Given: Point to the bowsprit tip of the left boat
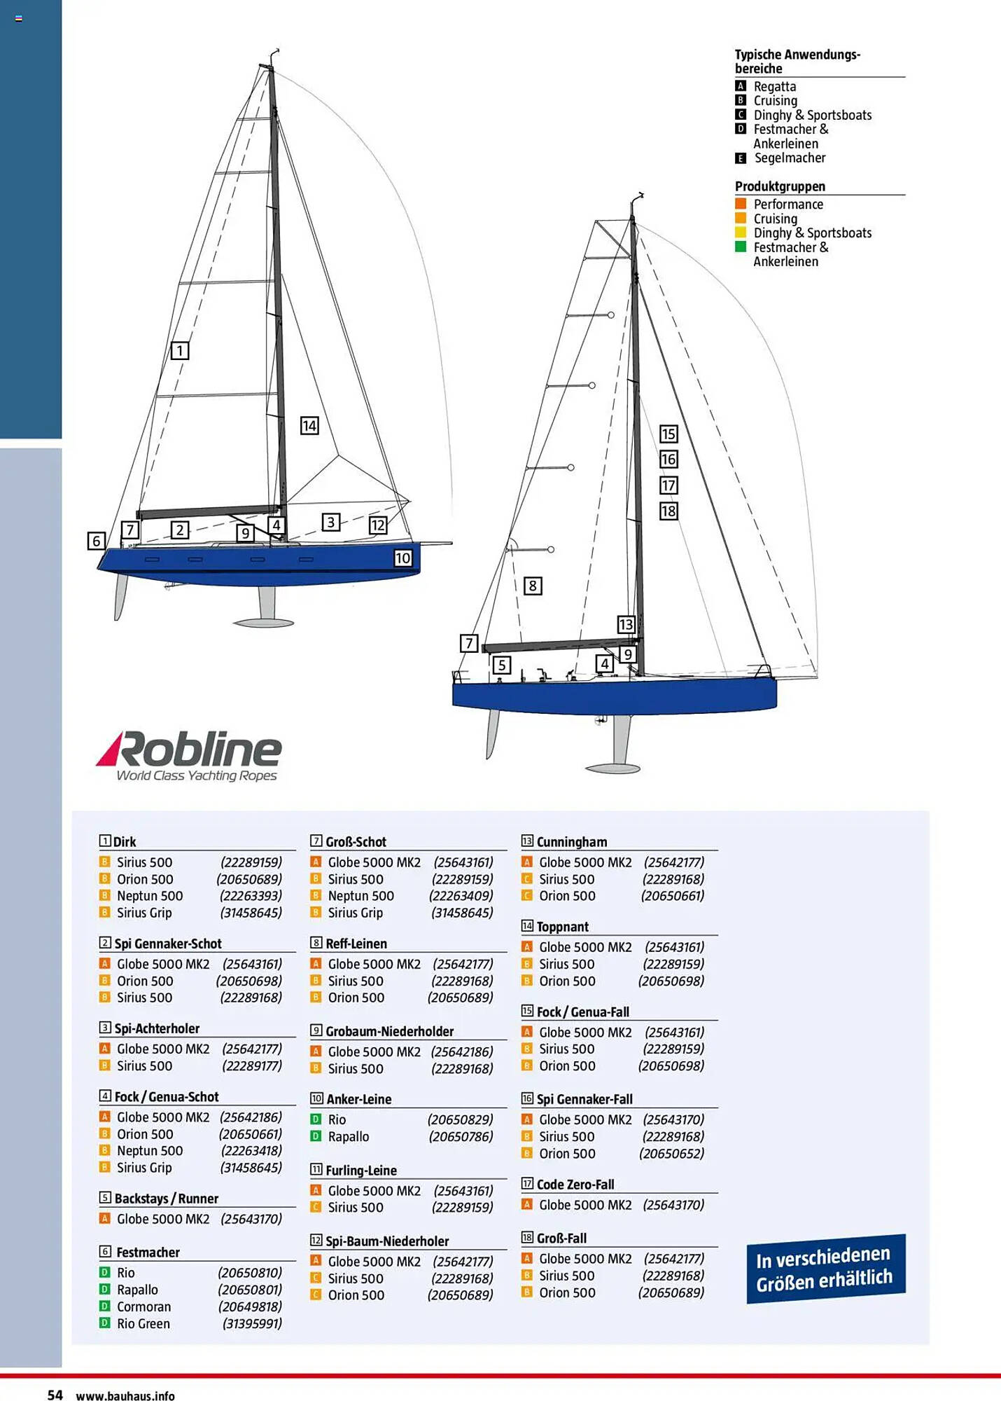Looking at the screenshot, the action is tap(451, 542).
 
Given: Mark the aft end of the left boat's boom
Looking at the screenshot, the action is tap(138, 515).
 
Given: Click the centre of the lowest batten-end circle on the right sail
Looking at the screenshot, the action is tap(551, 550).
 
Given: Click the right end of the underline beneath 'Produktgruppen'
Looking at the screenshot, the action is tap(905, 195).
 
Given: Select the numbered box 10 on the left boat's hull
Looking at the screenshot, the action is tap(402, 558).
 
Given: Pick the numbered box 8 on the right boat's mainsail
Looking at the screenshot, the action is tap(533, 586).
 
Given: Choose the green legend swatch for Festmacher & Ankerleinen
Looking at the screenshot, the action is tap(741, 247).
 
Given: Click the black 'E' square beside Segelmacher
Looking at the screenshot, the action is tap(741, 158).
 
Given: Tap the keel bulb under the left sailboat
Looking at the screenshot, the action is tap(263, 622).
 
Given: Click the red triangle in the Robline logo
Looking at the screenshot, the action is tap(110, 748).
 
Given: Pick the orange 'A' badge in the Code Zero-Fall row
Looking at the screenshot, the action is tap(527, 1204).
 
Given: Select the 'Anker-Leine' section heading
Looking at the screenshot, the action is tap(359, 1099).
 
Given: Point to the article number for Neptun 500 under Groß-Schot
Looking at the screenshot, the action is tap(461, 896).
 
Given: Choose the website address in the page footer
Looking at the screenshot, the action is tap(125, 1395).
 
